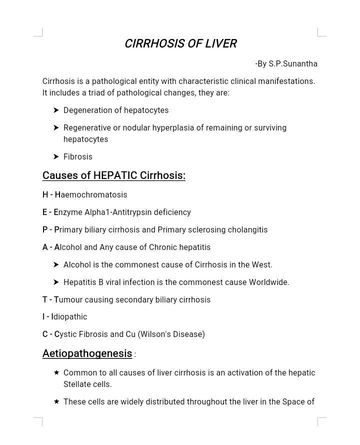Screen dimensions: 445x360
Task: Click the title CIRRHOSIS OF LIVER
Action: pyautogui.click(x=180, y=44)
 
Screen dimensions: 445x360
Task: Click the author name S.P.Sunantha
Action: pyautogui.click(x=293, y=64)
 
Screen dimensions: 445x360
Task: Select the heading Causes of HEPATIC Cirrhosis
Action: pyautogui.click(x=113, y=175)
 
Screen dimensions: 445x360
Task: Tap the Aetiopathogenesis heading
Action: pyautogui.click(x=87, y=353)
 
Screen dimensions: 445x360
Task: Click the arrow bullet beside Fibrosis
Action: pyautogui.click(x=56, y=157)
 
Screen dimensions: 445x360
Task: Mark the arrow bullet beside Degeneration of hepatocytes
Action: pyautogui.click(x=56, y=110)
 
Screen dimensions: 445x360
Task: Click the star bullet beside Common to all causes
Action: pyautogui.click(x=56, y=372)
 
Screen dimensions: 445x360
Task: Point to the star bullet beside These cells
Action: pyautogui.click(x=56, y=401)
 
